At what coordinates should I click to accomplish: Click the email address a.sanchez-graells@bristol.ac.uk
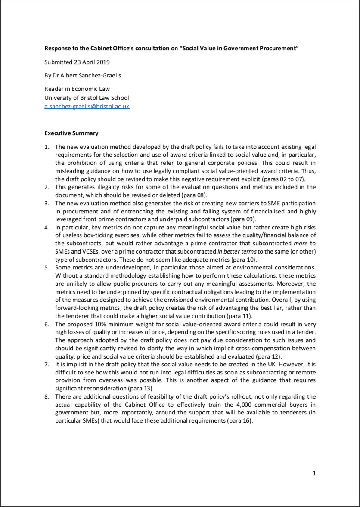point(87,106)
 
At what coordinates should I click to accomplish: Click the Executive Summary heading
point(71,133)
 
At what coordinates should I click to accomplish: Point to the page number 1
point(314,473)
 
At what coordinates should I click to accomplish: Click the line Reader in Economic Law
point(77,89)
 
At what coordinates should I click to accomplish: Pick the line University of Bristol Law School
point(87,98)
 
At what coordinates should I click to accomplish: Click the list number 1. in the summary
point(47,147)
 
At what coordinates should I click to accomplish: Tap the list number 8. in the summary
point(47,396)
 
